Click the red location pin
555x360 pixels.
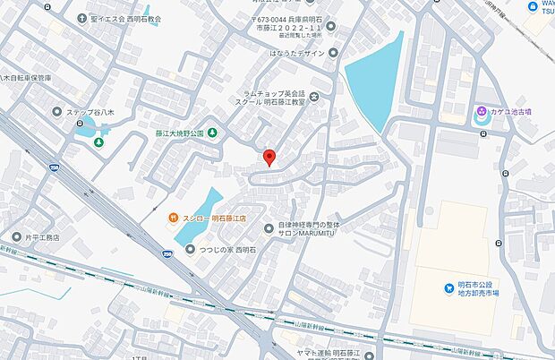269,159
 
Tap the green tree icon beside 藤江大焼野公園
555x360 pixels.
213,133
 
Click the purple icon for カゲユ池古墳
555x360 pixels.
482,112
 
